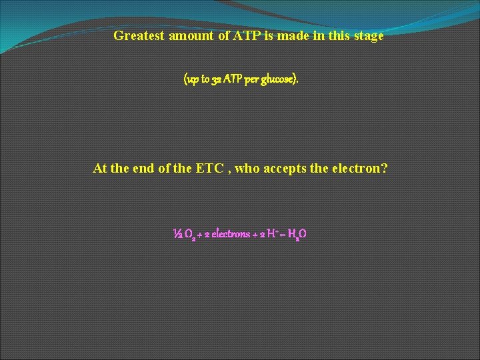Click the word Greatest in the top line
tap(139, 36)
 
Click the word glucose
tap(279, 79)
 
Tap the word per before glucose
tap(252, 79)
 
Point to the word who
tap(247, 168)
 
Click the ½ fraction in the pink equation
tap(177, 234)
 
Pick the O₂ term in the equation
tap(189, 235)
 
